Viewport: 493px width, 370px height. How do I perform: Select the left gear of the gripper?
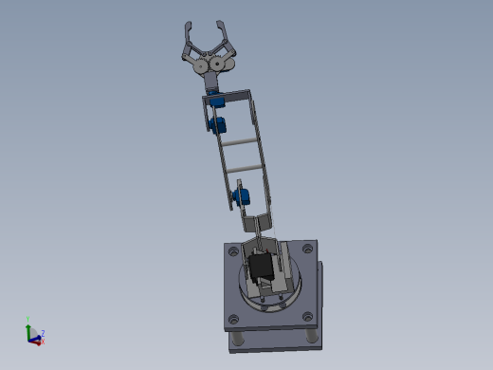[201, 66]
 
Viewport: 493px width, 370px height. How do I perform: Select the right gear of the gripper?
[221, 65]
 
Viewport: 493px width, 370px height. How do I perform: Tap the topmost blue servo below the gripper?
[218, 99]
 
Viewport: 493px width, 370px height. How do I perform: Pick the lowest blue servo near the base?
[241, 197]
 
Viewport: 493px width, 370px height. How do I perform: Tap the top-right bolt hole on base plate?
[309, 248]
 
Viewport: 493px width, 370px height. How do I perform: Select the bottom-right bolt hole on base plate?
[305, 316]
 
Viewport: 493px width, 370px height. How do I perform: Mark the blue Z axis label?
[43, 333]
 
